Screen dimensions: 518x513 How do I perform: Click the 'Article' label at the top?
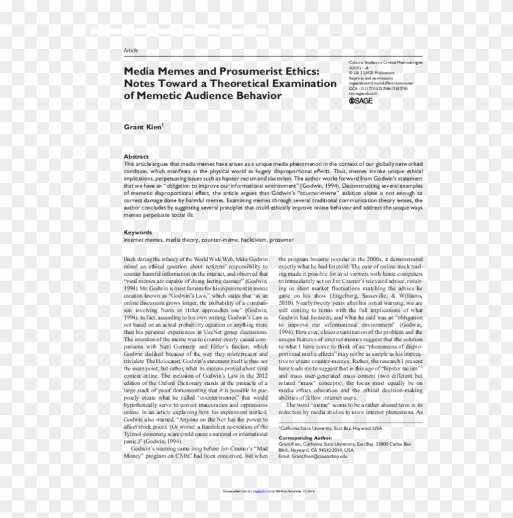131,50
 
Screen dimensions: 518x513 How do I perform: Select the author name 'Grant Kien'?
142,127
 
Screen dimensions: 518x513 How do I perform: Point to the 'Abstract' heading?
136,156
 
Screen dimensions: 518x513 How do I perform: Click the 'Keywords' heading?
138,232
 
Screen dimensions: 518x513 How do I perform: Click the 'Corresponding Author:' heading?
305,438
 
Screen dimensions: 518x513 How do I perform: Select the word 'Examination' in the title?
299,83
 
